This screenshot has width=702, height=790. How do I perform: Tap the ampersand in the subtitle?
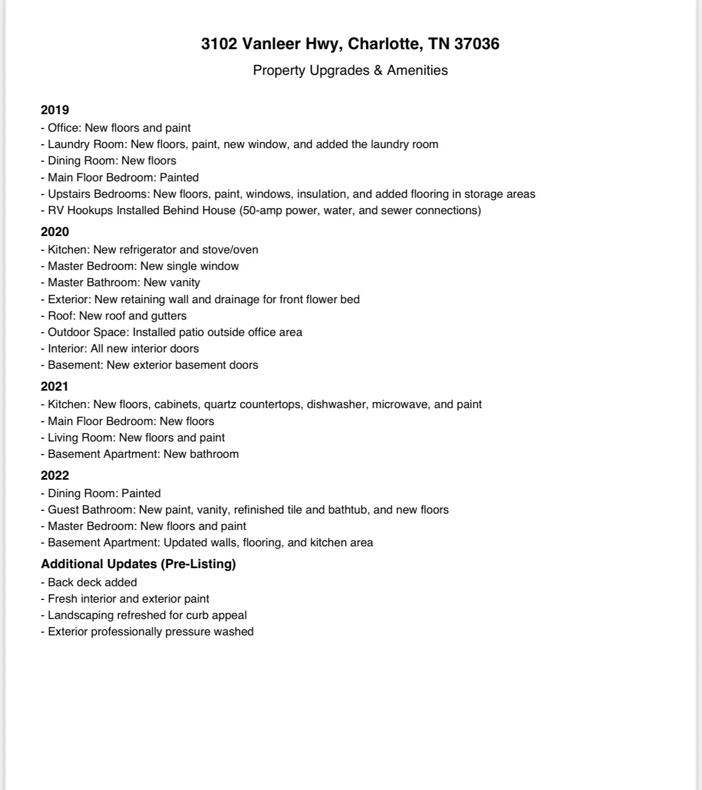click(378, 70)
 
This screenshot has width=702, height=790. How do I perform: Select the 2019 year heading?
click(55, 110)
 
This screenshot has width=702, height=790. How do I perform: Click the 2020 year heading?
click(55, 232)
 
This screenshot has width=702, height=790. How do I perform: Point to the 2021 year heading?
click(55, 386)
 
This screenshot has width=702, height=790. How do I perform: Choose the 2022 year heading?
click(55, 475)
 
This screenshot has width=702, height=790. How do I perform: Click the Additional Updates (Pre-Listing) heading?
click(138, 564)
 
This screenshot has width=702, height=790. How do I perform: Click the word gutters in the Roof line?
click(168, 316)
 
